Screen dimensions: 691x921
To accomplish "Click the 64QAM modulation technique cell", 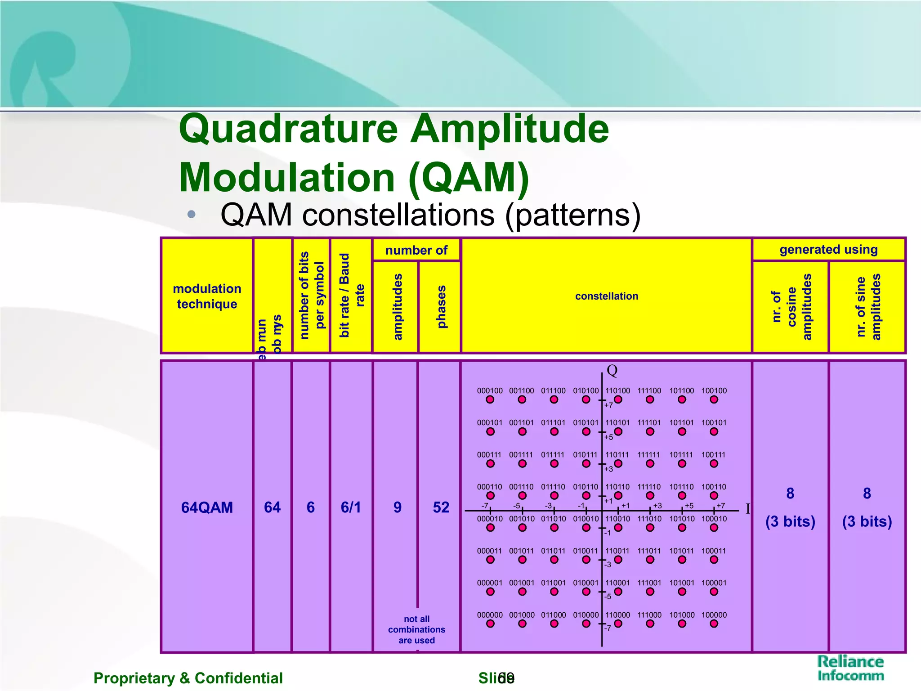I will [207, 507].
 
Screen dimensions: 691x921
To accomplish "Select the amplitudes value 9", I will [397, 507].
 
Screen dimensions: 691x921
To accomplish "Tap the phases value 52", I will [441, 507].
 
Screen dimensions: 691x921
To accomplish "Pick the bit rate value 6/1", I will [351, 507].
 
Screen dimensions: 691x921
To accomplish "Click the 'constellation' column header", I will [606, 296].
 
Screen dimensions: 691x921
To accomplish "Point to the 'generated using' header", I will [828, 249].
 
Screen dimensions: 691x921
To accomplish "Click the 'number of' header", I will [416, 250].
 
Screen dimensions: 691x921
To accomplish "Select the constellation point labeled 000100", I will [490, 399].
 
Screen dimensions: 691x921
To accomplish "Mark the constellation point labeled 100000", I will [714, 624].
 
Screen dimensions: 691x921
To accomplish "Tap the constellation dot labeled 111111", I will [650, 463].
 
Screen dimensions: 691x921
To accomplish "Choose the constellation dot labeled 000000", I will [490, 624].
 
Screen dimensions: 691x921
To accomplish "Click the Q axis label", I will [612, 371].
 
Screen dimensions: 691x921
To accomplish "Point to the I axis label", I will [748, 509].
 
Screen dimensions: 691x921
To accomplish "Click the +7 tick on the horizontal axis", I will [721, 506].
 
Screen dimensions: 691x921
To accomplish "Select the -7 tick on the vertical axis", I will [608, 628].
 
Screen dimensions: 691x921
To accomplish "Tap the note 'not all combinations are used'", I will [416, 629].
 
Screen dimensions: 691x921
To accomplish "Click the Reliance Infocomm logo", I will [850, 668].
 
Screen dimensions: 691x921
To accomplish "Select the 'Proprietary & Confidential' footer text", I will [188, 678].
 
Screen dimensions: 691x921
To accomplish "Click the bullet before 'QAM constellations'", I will [191, 214].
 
